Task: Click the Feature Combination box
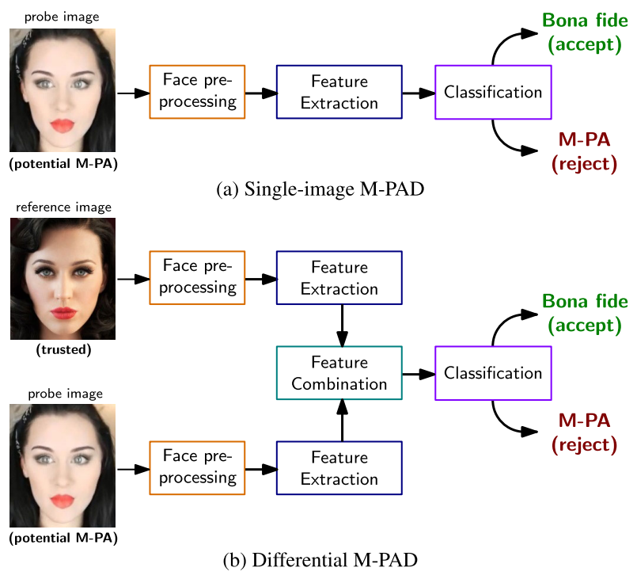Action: pos(339,373)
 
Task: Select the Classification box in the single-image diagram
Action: pos(493,92)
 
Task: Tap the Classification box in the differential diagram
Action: pos(493,373)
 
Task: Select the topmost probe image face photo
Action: pos(63,90)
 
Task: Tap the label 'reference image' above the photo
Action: pos(63,208)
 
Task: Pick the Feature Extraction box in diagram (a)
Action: pos(339,92)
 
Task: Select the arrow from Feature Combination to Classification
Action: pos(419,373)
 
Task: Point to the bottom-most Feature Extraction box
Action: pos(339,468)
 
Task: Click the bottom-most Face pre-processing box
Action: pos(197,468)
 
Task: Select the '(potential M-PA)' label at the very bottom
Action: pos(63,539)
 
